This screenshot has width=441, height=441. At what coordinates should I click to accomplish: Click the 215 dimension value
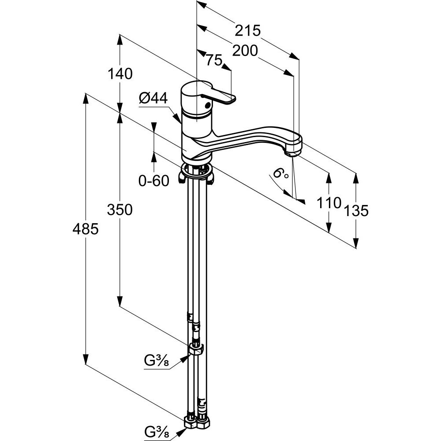pos(248,30)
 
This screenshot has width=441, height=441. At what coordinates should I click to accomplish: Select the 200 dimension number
pos(244,51)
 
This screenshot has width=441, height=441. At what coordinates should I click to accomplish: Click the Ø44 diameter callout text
pos(153,99)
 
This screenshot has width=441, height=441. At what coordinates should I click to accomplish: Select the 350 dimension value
pos(120,209)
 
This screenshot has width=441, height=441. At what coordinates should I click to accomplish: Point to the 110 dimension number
pos(329,202)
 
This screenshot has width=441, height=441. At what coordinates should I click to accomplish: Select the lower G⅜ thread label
pos(157,430)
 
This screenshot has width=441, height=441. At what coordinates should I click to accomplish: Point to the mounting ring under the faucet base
pos(197,171)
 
